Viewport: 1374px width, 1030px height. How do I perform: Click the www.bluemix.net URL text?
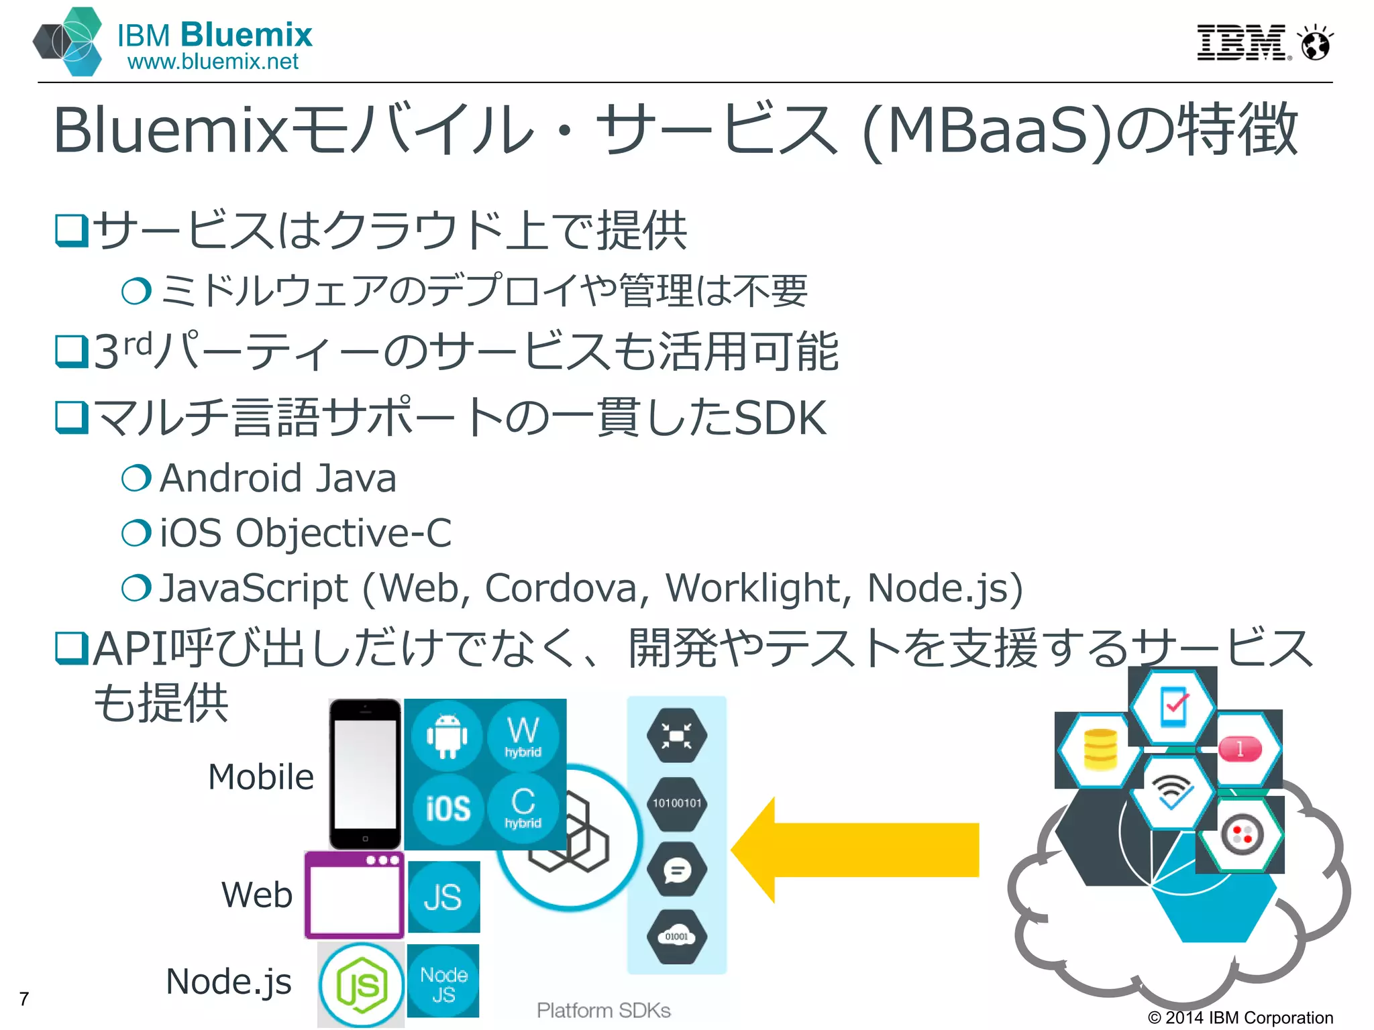213,62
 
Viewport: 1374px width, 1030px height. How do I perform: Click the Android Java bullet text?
278,479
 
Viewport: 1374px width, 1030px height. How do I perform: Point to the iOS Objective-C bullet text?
305,534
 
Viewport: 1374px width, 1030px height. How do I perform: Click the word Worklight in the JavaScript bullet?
751,589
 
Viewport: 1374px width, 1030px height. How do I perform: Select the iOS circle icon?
447,808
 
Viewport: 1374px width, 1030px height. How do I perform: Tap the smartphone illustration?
365,774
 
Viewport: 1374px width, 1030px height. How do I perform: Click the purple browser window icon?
354,895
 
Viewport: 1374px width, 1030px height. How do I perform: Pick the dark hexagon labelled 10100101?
676,803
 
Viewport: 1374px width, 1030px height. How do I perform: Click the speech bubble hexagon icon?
676,870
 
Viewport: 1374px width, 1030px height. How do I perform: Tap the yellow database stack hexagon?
1100,750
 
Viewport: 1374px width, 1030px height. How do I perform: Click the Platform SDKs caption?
603,1010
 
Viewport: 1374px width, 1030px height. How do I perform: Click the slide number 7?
24,999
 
